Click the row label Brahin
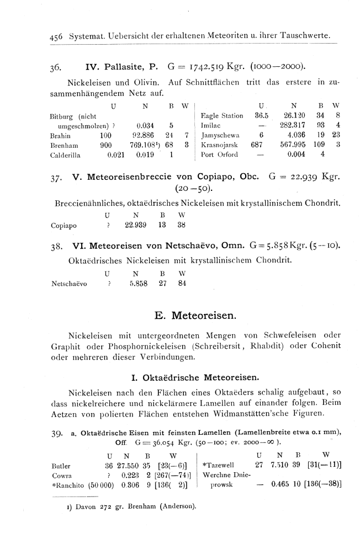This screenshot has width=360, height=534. [x=59, y=135]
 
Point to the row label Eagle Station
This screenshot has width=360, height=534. [x=222, y=116]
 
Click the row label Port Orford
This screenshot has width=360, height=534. [x=220, y=155]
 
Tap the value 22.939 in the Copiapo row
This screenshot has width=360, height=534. [x=137, y=225]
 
